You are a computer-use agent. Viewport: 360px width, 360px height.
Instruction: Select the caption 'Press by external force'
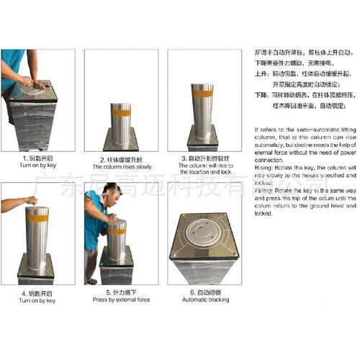point(122,300)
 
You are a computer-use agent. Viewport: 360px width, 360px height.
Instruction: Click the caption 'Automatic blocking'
point(204,300)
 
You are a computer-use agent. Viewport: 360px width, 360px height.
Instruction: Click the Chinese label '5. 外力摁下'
point(122,292)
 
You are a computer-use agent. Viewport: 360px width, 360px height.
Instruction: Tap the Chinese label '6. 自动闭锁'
point(204,292)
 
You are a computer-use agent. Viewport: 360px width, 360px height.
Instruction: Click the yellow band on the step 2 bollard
point(121,112)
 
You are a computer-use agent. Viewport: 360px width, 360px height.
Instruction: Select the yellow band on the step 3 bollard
point(204,94)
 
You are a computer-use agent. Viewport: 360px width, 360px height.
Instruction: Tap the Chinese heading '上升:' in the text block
point(262,74)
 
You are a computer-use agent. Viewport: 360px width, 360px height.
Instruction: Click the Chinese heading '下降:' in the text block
point(262,94)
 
